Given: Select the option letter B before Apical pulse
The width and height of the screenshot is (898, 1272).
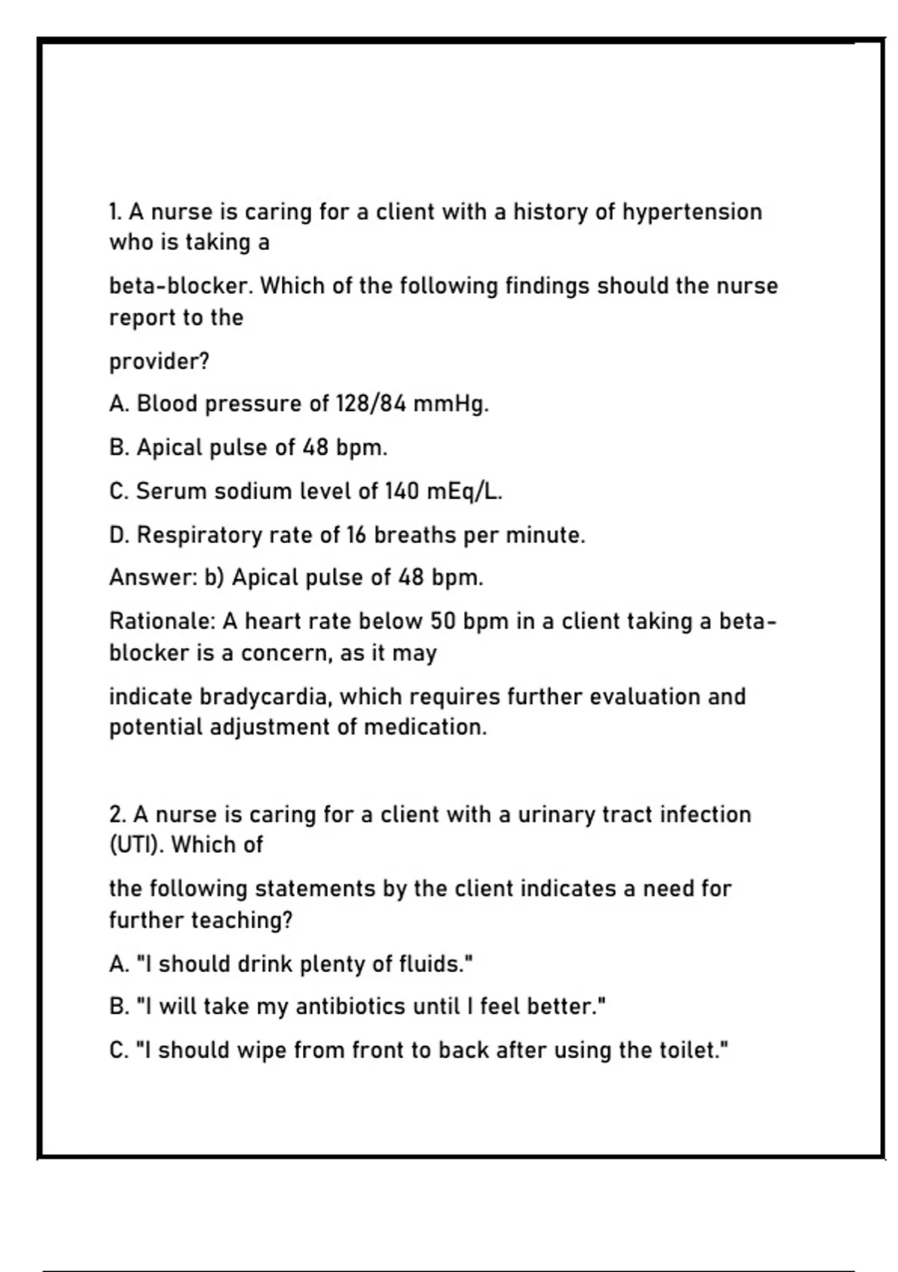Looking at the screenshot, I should (x=118, y=447).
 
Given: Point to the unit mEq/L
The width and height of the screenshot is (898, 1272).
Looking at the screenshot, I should (x=463, y=492).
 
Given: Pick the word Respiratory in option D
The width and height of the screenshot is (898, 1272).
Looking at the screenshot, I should (x=199, y=535).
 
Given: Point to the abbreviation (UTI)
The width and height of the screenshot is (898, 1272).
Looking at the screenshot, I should (x=135, y=845).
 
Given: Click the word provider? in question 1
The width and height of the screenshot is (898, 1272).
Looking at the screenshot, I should (x=159, y=361).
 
